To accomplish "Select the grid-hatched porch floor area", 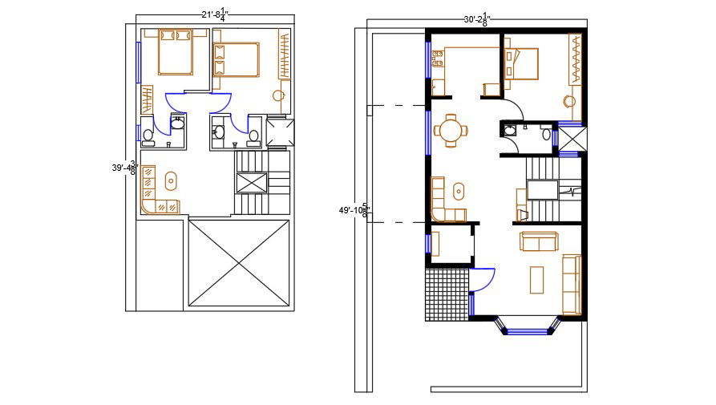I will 445,294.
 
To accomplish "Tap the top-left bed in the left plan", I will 174,52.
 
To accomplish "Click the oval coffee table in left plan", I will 172,179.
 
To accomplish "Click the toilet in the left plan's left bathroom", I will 148,135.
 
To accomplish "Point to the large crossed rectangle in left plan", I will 239,262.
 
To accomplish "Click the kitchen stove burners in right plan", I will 439,57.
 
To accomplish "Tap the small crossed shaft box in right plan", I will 570,141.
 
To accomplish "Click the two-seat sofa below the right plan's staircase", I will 540,241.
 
